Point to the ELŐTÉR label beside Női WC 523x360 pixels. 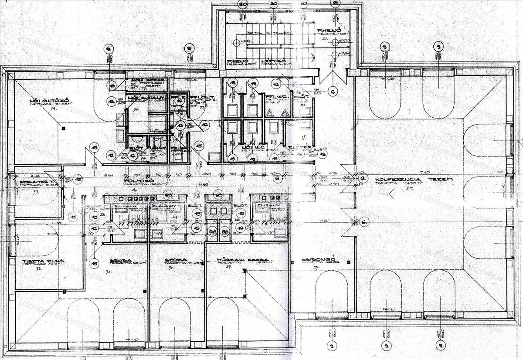tap(304, 147)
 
